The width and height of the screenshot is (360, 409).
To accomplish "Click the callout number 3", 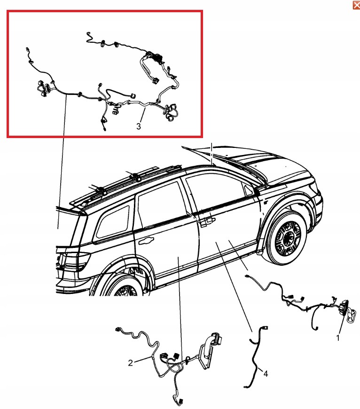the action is coord(139,126).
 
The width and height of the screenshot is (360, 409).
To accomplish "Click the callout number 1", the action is coord(338,338).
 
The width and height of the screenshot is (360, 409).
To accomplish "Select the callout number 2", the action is coord(131,363).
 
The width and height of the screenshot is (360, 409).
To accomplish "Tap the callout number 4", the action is coord(266,374).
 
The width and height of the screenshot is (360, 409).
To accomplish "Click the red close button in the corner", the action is coord(356,5).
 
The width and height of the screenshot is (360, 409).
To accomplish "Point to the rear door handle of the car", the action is coord(146,241).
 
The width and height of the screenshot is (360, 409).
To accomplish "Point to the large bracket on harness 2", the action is coord(209,349).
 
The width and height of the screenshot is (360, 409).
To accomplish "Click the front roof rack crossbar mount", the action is coord(136,177).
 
